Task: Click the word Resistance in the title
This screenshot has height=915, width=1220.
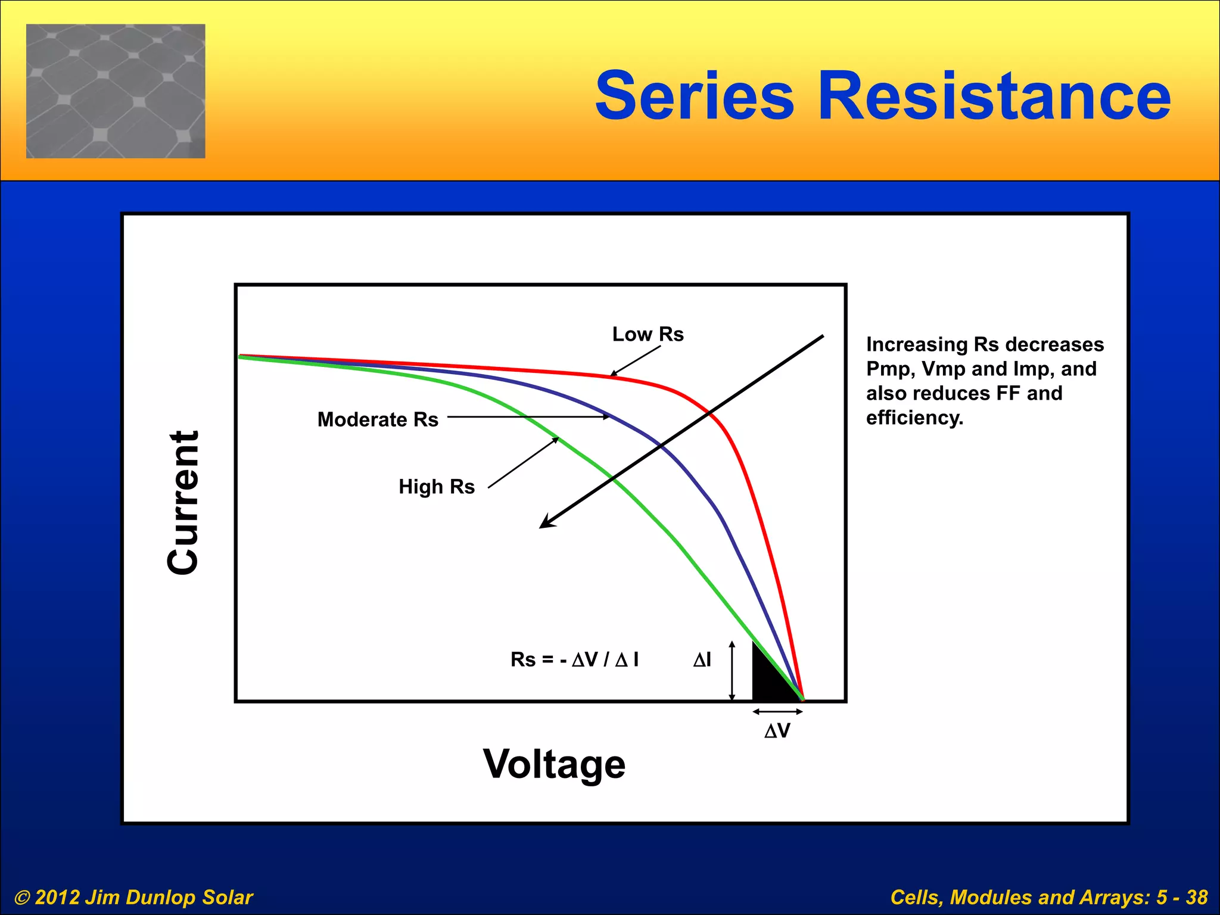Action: click(x=994, y=95)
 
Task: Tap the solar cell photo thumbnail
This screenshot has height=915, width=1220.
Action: click(x=116, y=91)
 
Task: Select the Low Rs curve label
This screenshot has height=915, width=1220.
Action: click(x=648, y=334)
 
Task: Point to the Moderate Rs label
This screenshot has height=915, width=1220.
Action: click(x=378, y=419)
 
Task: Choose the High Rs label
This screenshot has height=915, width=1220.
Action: click(x=436, y=487)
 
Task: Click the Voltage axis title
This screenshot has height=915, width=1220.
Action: click(x=554, y=764)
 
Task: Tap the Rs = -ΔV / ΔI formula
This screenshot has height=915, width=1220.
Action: click(x=574, y=659)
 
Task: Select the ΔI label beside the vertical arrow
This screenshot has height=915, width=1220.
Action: click(x=702, y=659)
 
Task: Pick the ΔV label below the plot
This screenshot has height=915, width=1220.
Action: click(x=777, y=731)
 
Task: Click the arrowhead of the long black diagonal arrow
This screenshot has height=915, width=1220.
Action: click(x=545, y=524)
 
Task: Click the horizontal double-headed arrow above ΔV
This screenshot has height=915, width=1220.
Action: click(x=777, y=711)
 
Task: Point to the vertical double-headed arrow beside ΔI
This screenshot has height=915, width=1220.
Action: click(x=732, y=671)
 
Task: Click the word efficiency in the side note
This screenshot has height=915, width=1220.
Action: click(x=914, y=418)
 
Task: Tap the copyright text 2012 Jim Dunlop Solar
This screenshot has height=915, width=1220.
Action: click(x=134, y=897)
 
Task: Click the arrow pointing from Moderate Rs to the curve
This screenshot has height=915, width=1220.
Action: click(x=528, y=417)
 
